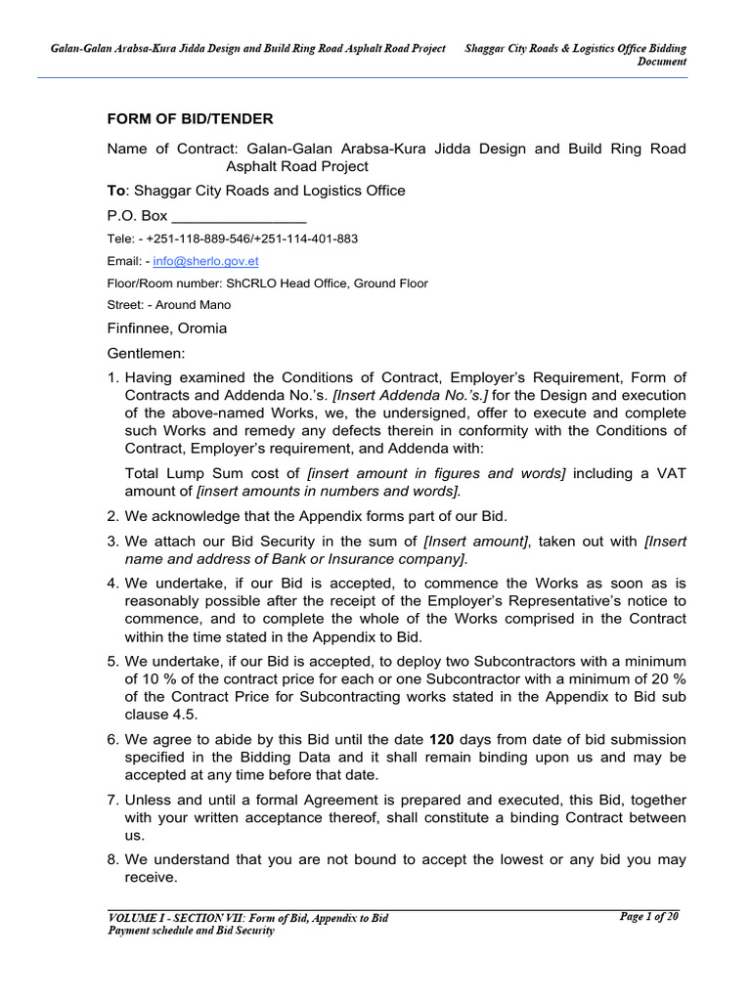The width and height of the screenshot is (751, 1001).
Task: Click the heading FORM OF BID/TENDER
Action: (x=190, y=119)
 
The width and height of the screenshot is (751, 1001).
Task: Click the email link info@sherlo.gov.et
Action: (x=205, y=262)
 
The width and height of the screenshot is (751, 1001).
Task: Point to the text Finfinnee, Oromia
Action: (x=166, y=328)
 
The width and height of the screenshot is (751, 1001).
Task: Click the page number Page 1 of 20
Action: (x=648, y=916)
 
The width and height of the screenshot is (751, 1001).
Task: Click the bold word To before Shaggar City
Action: (x=116, y=191)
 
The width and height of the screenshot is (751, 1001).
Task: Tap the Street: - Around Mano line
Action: (x=169, y=305)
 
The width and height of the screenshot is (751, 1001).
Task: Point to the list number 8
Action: (x=112, y=860)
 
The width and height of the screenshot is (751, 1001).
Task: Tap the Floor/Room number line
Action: (x=267, y=283)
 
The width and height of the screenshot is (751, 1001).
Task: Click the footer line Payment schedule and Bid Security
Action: (x=191, y=931)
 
